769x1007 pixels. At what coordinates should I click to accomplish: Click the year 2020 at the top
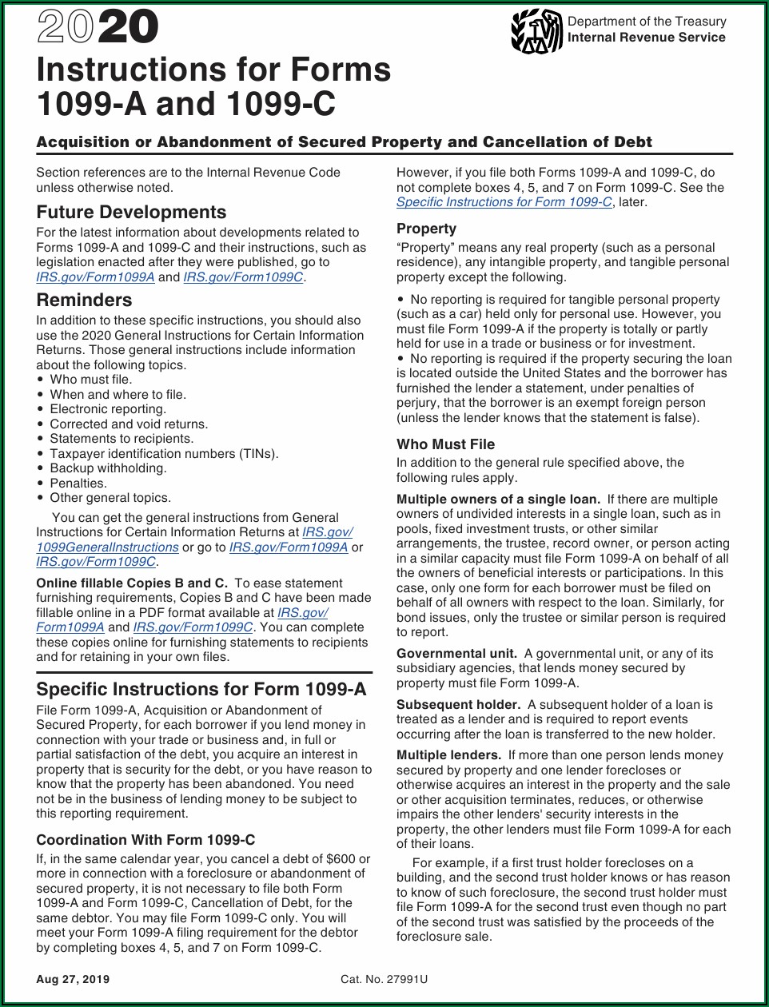coord(98,30)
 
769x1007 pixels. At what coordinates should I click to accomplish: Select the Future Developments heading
coord(131,213)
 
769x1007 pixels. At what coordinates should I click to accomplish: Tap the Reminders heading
coord(84,301)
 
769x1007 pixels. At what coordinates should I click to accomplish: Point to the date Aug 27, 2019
coord(73,980)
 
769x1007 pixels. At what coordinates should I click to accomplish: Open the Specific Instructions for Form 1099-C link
coord(504,202)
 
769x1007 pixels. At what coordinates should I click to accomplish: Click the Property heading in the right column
coord(426,229)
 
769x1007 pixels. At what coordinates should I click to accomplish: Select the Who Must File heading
coord(445,444)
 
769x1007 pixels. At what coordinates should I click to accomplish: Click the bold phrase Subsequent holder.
coord(458,705)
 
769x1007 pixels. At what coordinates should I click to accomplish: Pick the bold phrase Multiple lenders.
coord(448,755)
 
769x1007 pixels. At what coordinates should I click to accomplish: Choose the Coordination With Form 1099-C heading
coord(145,840)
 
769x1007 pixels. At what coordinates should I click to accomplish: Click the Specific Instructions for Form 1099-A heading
coord(201,690)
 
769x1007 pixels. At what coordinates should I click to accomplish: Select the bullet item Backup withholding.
coord(108,468)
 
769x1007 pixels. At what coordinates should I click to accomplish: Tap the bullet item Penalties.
coord(78,484)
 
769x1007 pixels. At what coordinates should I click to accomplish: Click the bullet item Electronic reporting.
coord(108,409)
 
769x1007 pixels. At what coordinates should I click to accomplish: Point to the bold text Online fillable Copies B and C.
coord(132,583)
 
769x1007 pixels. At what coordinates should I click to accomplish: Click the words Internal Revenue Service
coord(646,37)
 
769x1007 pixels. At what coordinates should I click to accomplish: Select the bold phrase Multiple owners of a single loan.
coord(498,500)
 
